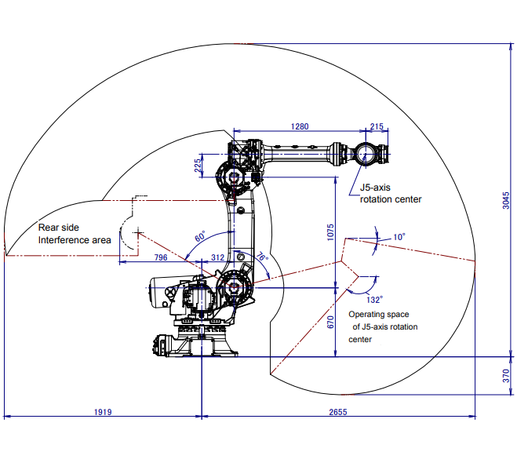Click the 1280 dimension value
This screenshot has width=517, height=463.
300,126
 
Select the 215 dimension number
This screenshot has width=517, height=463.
377,126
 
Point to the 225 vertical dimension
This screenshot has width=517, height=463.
198,166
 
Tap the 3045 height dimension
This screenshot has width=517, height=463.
506,200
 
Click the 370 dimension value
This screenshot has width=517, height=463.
506,376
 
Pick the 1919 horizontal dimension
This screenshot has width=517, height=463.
103,412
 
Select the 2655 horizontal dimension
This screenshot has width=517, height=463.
338,412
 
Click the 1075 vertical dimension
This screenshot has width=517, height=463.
330,232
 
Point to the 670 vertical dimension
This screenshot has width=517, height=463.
330,322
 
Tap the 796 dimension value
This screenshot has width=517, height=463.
161,257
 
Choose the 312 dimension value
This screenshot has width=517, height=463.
217,257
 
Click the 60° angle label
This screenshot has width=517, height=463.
200,236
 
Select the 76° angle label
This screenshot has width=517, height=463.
262,257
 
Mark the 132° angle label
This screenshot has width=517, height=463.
374,300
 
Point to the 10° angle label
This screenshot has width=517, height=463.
399,237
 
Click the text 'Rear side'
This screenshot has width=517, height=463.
59,228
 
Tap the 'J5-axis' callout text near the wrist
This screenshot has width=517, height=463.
375,188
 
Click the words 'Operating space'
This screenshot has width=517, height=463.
379,314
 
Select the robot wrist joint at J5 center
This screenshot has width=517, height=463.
365,155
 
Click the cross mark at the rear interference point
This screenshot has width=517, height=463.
138,233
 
